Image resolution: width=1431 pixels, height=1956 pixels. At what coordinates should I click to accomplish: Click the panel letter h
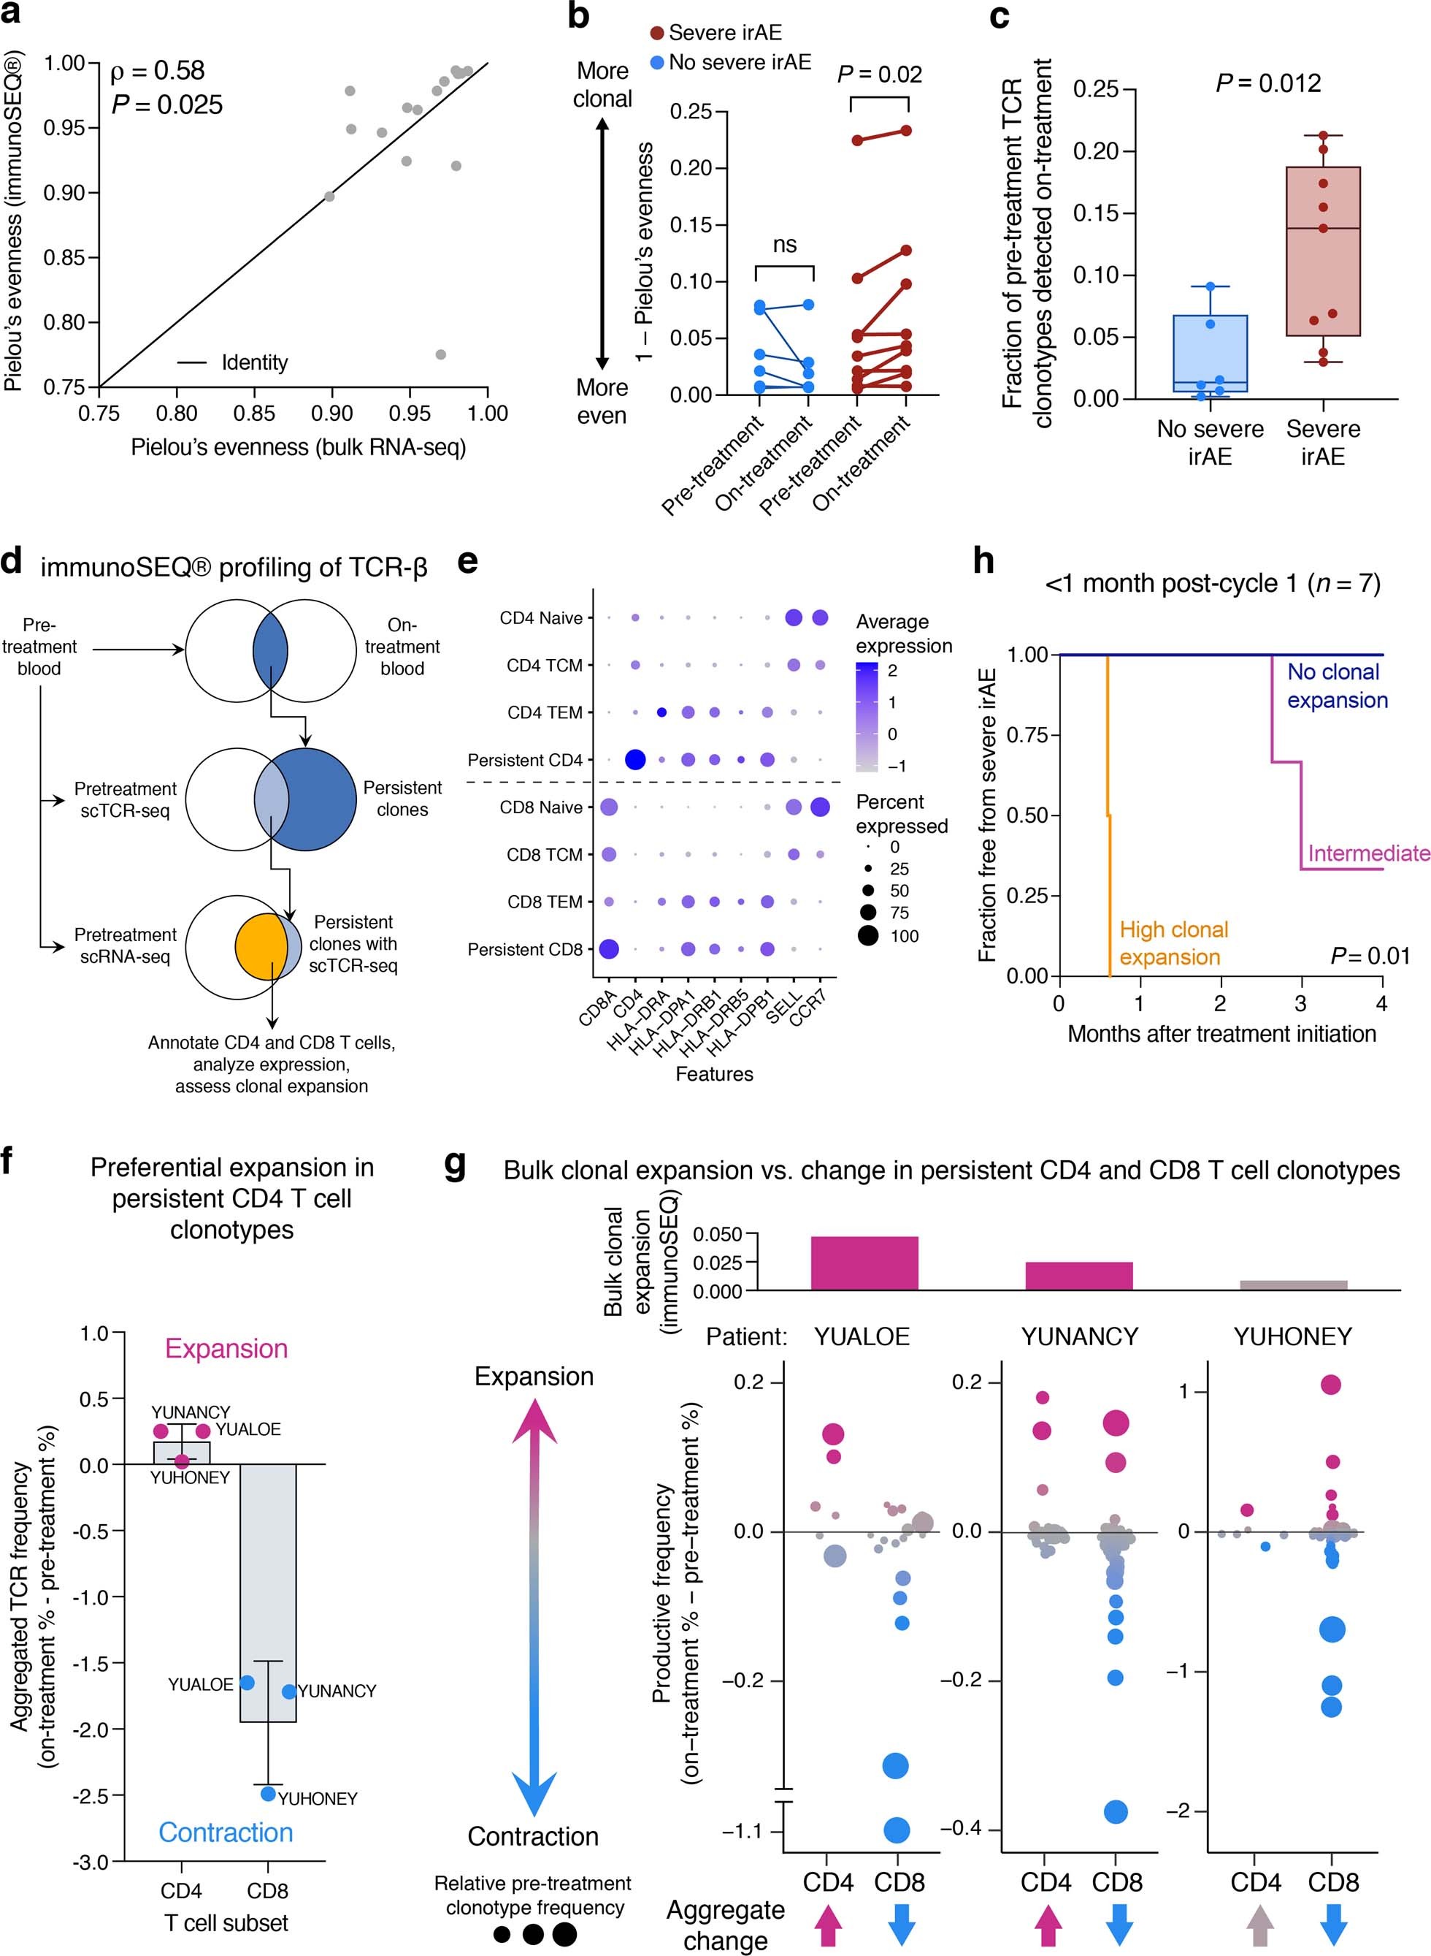coord(983,563)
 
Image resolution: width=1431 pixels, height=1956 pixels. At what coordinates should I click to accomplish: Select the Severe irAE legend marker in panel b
coord(658,33)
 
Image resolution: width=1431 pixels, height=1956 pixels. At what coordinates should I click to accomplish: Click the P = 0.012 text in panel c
coord(1268,83)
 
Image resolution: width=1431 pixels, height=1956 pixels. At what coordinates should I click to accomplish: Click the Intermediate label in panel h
coord(1367,853)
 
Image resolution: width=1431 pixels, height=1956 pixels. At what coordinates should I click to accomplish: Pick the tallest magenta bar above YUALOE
coord(864,1263)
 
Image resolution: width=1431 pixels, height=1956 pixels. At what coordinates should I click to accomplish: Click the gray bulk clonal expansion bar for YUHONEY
coord(1292,1285)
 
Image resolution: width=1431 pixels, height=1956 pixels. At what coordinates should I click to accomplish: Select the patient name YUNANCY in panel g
coord(1078,1336)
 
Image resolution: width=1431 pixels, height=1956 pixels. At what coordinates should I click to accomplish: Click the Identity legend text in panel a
coord(255,362)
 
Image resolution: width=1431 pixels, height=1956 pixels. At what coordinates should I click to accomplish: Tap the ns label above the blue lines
coord(784,246)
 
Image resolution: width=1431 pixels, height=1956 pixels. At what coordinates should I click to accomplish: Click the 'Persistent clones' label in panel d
coord(402,798)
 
